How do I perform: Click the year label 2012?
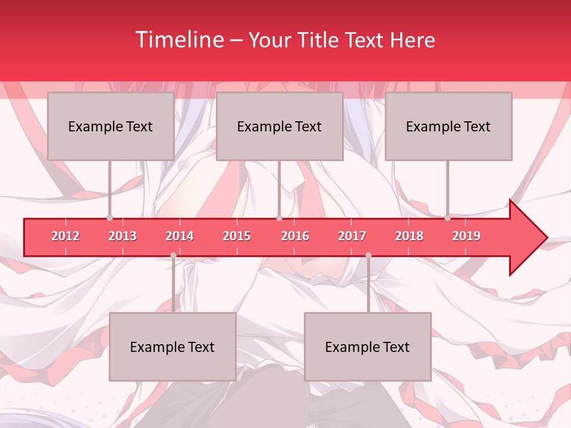click(65, 236)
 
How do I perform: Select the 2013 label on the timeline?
click(123, 236)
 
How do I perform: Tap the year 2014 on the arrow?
click(180, 236)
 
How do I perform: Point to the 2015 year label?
click(237, 236)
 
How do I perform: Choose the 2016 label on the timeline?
click(295, 236)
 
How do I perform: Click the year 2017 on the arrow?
click(352, 236)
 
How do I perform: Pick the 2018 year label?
click(409, 236)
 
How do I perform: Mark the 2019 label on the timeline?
click(466, 236)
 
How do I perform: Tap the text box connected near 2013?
click(111, 126)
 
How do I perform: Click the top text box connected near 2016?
click(280, 126)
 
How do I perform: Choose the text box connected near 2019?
click(448, 126)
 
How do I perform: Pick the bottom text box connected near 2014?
click(172, 347)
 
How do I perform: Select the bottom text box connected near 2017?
click(368, 347)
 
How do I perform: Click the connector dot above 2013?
click(109, 218)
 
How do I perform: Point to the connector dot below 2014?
click(173, 256)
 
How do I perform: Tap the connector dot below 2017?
click(368, 256)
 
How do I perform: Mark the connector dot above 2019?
click(447, 218)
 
